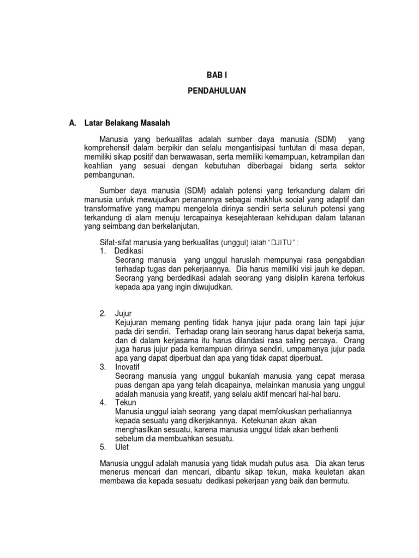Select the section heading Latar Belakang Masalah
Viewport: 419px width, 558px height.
click(127, 124)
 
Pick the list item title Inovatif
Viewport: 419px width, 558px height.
click(128, 367)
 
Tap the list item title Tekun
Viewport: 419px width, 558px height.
click(125, 403)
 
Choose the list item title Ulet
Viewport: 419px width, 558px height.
click(122, 447)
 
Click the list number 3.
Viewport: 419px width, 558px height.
click(103, 367)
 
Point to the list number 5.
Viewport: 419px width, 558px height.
click(103, 447)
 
